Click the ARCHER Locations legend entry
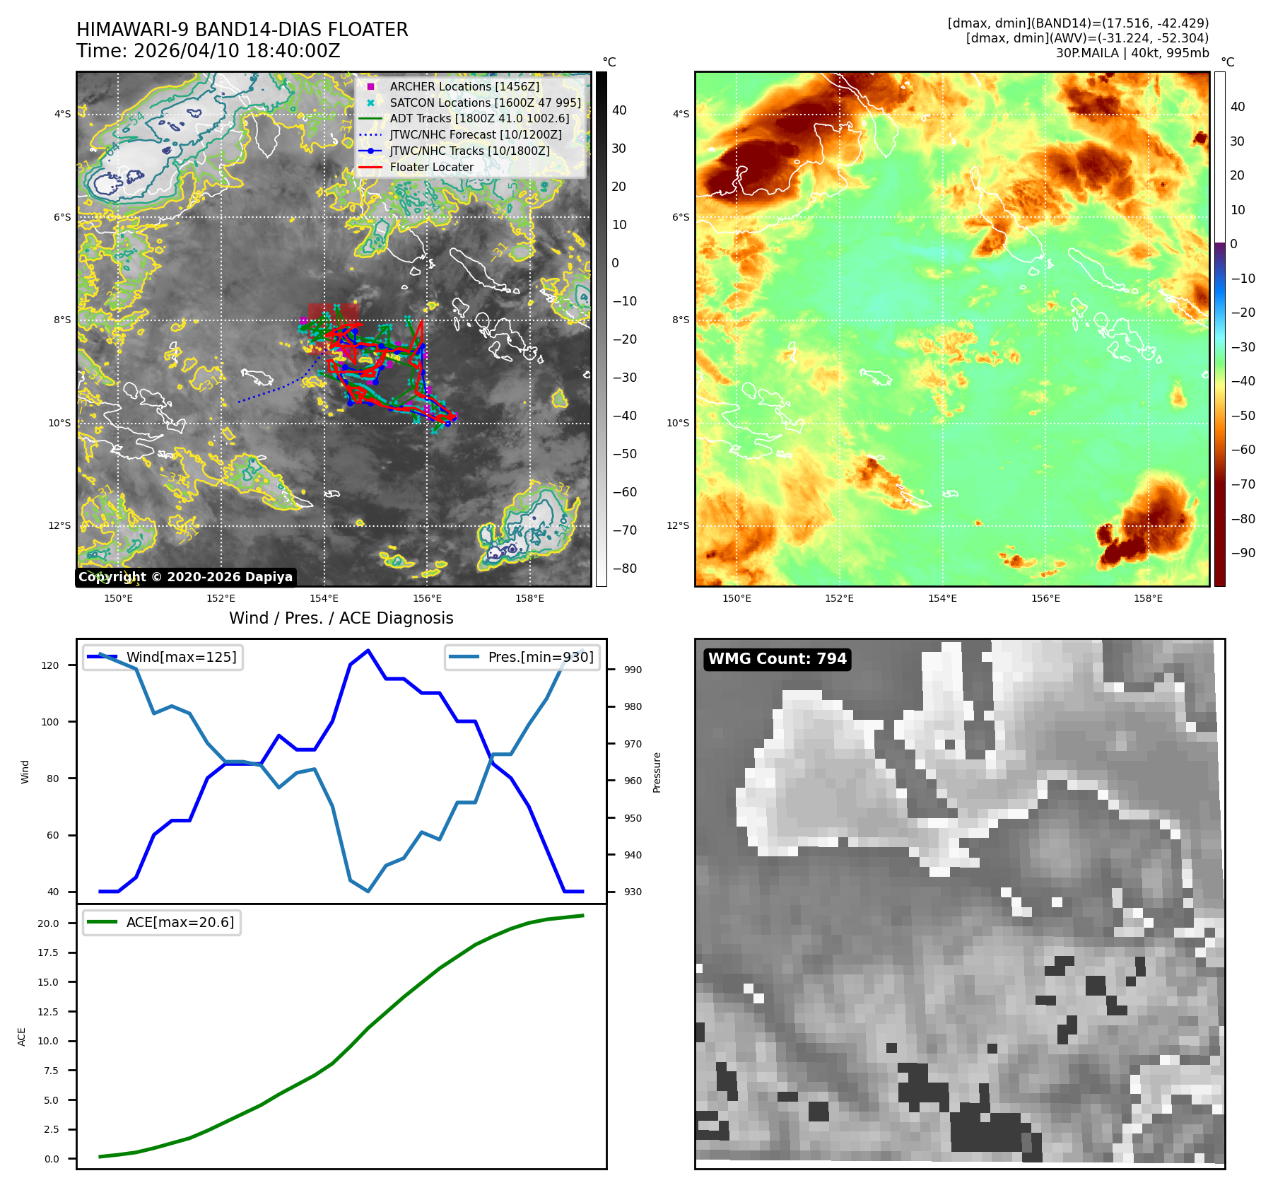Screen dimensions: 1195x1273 [464, 86]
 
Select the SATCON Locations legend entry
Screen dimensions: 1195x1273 [485, 103]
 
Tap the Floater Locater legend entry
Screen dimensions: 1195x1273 [431, 167]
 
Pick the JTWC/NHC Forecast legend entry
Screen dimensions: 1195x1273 [476, 134]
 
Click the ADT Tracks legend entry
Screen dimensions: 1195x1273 [479, 118]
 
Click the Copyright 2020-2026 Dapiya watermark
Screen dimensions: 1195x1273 [185, 577]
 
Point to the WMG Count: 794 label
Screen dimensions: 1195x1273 [777, 659]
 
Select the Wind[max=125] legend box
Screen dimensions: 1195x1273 [163, 657]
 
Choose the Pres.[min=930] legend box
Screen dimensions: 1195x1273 [522, 657]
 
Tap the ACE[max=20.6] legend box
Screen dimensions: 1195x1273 [162, 922]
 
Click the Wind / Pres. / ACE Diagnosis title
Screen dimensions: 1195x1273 [341, 618]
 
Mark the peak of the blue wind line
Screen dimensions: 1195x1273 [368, 651]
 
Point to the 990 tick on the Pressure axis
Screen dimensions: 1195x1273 [633, 670]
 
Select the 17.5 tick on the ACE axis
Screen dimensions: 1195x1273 [48, 952]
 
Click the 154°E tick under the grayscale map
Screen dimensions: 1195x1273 [324, 598]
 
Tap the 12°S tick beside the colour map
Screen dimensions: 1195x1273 [678, 525]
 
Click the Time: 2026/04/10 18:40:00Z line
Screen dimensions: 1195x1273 [209, 51]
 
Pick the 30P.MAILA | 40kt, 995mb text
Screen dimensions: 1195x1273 [1132, 53]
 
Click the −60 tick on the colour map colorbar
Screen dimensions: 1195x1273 [1243, 450]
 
